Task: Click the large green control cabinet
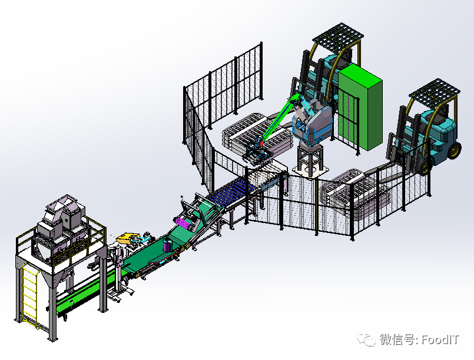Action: pyautogui.click(x=360, y=109)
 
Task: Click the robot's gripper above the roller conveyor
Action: pyautogui.click(x=258, y=152)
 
